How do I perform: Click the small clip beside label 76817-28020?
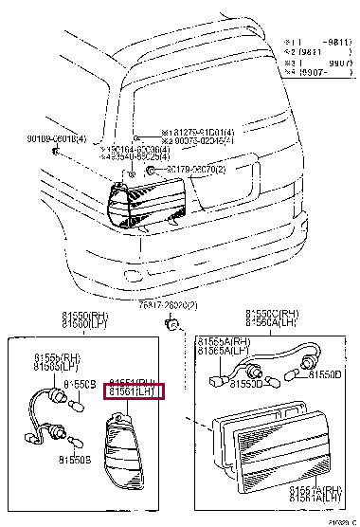(x=172, y=324)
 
